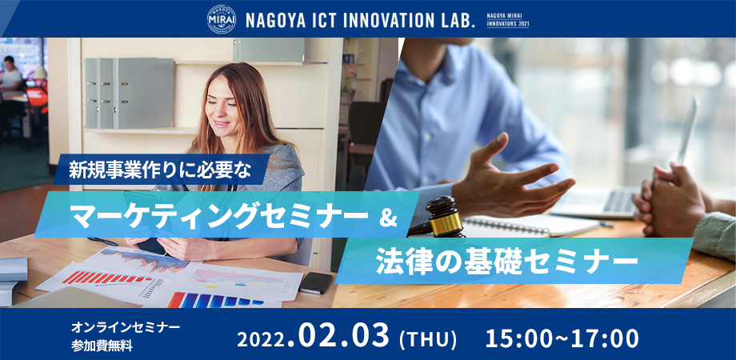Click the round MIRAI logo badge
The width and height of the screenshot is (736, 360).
coord(221,19)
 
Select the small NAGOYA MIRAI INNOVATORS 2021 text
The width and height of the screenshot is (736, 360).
coord(508,21)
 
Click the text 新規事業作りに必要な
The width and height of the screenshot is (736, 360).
coord(161,170)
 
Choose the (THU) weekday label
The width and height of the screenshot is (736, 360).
coord(428,339)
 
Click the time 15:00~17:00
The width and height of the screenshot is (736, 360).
coord(562,338)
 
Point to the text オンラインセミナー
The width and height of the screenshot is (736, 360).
coord(126,326)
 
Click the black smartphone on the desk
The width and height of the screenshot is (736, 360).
coord(316,282)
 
